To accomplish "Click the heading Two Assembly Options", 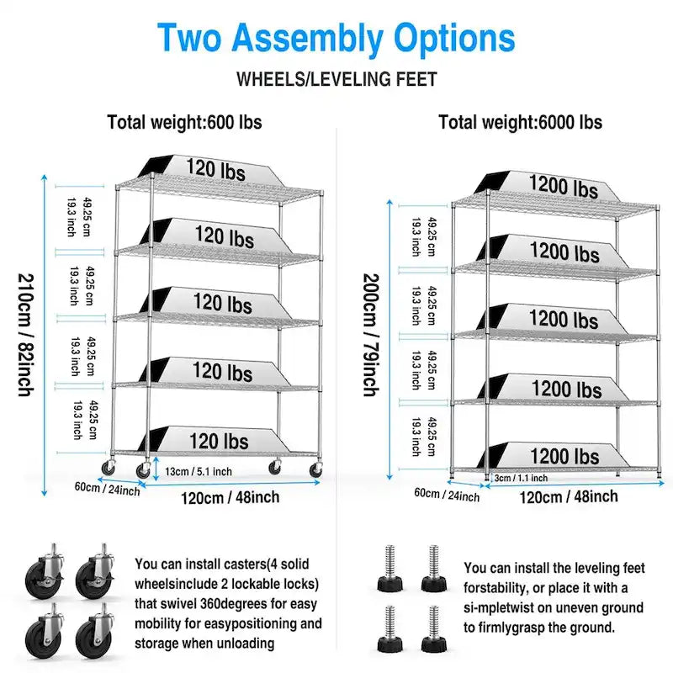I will pos(336,39).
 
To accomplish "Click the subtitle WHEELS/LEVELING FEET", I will pos(336,80).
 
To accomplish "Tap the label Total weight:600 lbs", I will pos(184,122).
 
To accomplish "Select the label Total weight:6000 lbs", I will pos(520,122).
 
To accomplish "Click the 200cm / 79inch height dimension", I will pos(369,335).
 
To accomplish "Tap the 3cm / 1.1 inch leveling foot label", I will pos(521,479).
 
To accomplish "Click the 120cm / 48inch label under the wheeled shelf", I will pos(230,498).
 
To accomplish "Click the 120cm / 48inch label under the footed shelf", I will pos(568,496).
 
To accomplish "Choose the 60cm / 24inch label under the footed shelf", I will pos(446,495).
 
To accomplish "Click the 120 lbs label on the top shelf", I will pos(215,170).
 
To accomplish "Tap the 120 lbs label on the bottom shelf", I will pos(218,441).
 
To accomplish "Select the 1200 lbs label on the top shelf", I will pos(564,186).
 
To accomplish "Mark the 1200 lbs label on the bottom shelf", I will pos(564,457).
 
